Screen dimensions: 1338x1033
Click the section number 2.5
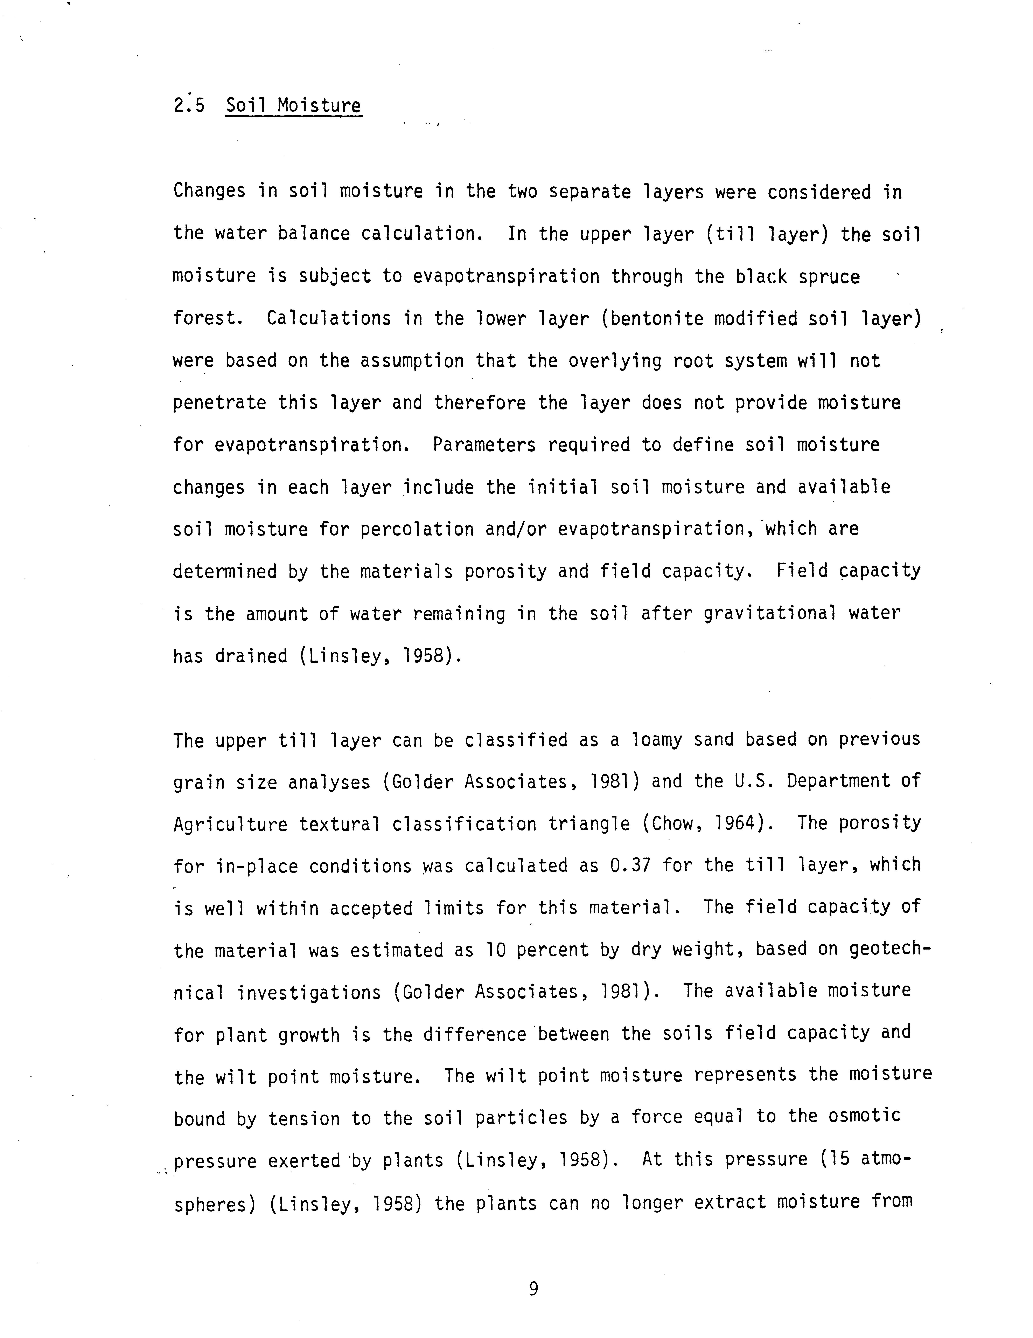click(189, 106)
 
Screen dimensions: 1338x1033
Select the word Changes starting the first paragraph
click(209, 192)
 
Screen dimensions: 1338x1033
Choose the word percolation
click(416, 529)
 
